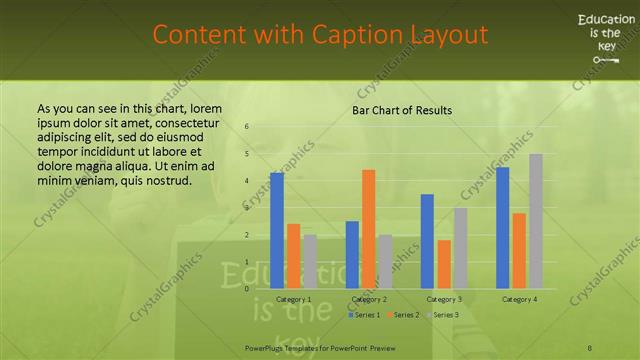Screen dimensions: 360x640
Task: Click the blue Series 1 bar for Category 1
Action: coord(277,230)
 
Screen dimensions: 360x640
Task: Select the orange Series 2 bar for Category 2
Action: coord(368,229)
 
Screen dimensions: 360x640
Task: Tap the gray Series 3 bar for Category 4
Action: coord(536,221)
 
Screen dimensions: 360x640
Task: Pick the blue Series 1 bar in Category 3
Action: coord(427,241)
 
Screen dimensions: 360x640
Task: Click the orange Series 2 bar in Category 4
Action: coord(519,250)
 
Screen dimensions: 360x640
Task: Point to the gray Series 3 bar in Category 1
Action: coord(310,261)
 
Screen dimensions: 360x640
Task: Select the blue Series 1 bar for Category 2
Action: coord(352,254)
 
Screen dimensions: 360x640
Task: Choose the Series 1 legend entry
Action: coord(364,315)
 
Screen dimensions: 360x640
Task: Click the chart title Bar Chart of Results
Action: coord(402,110)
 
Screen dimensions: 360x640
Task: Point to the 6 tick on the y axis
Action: coord(247,127)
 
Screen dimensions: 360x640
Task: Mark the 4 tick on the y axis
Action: coord(247,181)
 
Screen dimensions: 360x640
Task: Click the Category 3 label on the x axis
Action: coord(443,299)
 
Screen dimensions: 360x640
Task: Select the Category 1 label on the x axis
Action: coord(293,299)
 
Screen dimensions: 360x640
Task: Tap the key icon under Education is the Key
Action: coord(606,60)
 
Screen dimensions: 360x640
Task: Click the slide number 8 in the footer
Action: coord(590,347)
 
